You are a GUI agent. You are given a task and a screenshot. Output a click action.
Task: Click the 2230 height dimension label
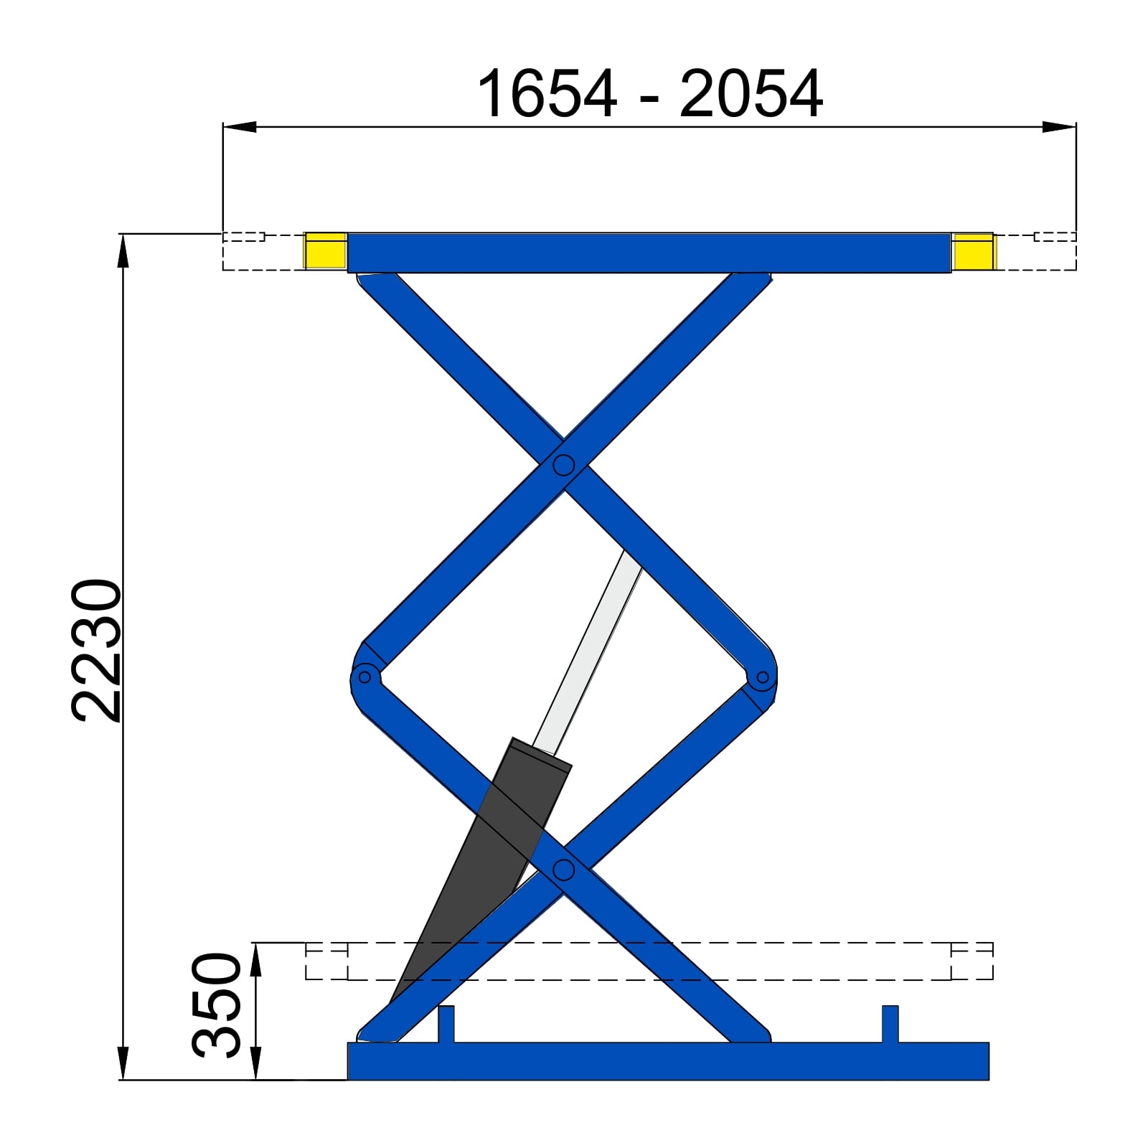(x=97, y=650)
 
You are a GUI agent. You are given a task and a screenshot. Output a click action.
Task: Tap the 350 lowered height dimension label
(x=217, y=1005)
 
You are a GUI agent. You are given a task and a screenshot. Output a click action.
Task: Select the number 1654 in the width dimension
(x=546, y=94)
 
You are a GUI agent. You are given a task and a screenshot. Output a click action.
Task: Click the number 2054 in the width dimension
(x=751, y=94)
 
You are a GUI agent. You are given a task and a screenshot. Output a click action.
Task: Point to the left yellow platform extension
(x=326, y=251)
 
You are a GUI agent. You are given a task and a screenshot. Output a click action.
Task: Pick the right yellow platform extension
(x=973, y=251)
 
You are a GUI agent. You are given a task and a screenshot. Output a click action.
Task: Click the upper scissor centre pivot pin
(x=563, y=466)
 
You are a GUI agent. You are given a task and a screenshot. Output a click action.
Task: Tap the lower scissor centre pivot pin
(x=564, y=870)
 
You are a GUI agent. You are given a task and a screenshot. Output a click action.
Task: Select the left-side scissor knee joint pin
(x=364, y=677)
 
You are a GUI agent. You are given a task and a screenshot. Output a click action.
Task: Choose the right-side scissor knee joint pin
(x=763, y=677)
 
